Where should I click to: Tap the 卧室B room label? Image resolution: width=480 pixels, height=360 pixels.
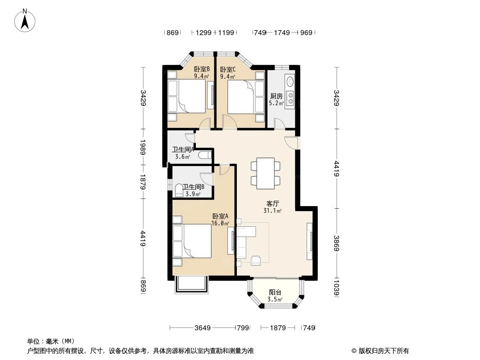point(201,70)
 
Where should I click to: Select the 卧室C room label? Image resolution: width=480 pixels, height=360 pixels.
point(227,70)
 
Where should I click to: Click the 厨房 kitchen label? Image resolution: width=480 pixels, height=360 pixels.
point(276,96)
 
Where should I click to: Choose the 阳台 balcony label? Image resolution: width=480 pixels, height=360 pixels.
point(275,292)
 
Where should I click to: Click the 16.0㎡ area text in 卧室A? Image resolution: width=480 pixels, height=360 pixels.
point(221,223)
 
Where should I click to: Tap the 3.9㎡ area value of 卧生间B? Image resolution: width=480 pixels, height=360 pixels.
point(193,194)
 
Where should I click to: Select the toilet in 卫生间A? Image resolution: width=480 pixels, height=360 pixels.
point(204,156)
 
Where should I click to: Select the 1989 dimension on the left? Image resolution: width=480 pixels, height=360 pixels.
point(143,147)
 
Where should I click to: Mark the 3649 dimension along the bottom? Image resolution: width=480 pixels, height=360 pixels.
point(203,328)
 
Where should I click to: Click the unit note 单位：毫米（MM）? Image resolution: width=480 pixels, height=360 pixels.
point(50,342)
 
